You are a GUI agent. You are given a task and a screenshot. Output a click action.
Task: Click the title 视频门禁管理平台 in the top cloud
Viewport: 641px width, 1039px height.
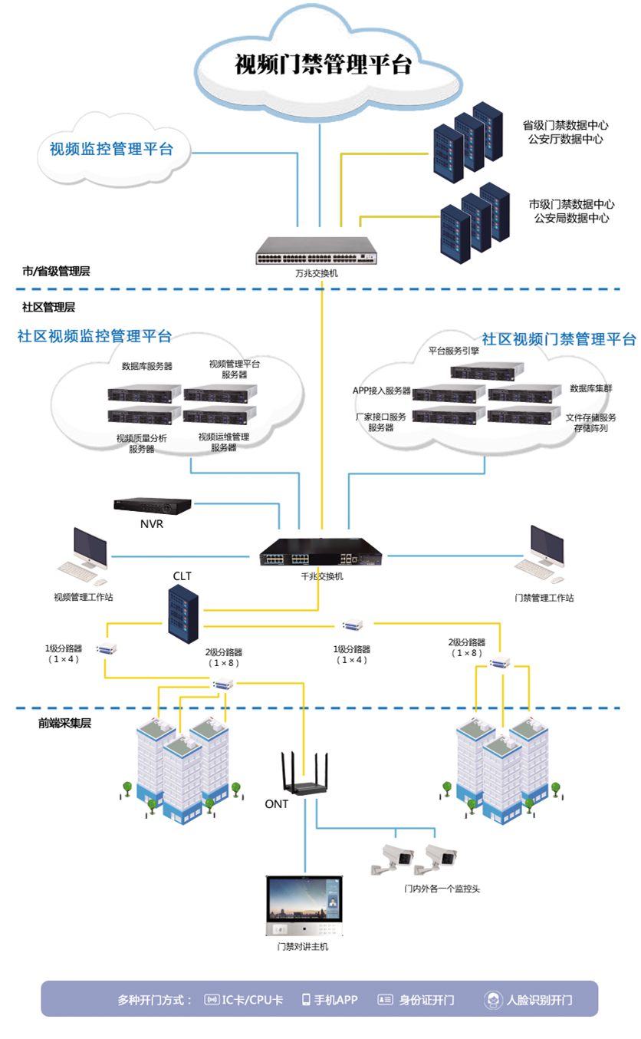pyautogui.click(x=323, y=65)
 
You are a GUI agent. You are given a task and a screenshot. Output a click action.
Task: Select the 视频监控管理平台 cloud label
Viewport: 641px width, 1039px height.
pyautogui.click(x=111, y=149)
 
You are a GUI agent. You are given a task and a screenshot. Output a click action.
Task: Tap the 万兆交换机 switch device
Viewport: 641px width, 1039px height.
pyautogui.click(x=317, y=250)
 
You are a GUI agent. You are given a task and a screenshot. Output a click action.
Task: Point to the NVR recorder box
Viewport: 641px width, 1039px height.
pyautogui.click(x=152, y=506)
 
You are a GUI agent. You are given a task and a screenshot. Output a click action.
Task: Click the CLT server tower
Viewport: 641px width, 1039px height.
pyautogui.click(x=184, y=610)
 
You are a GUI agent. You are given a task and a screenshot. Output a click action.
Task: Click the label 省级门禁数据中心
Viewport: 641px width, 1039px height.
pyautogui.click(x=565, y=125)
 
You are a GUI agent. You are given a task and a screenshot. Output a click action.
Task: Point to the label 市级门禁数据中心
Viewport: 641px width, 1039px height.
pyautogui.click(x=571, y=205)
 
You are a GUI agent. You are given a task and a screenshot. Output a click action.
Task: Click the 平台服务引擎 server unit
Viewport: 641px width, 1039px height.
pyautogui.click(x=487, y=371)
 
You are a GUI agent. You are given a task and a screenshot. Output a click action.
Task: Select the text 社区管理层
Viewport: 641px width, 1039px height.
pyautogui.click(x=48, y=307)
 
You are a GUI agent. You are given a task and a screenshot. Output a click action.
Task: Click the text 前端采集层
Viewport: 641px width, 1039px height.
pyautogui.click(x=64, y=722)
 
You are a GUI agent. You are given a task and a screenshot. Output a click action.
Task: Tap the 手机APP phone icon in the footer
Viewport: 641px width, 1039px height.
pyautogui.click(x=306, y=999)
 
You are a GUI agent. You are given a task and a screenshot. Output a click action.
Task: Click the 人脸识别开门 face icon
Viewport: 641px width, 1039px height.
pyautogui.click(x=493, y=1000)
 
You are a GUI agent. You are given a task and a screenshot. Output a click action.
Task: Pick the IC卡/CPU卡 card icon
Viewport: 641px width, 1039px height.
pyautogui.click(x=212, y=1000)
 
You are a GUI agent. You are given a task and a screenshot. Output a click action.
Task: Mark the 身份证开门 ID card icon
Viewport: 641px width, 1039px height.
pyautogui.click(x=385, y=1000)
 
